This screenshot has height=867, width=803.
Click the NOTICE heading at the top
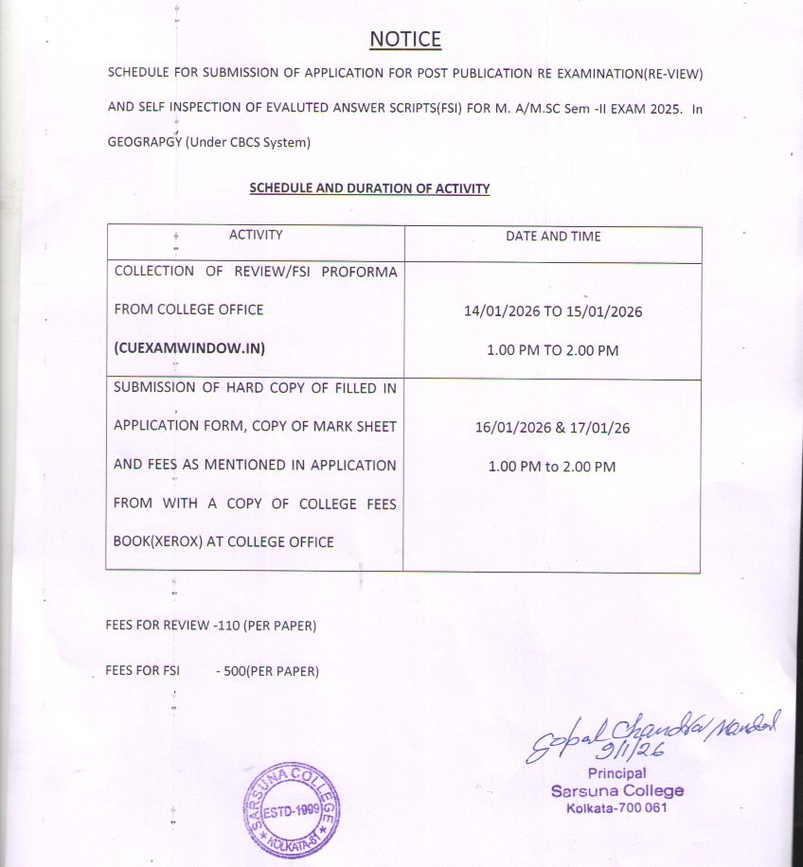405,39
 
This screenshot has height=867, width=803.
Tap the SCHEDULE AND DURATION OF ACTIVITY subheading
369,188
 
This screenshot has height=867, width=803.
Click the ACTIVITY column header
256,235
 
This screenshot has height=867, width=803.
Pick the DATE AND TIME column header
553,236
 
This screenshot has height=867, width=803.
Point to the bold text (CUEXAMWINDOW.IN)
189,347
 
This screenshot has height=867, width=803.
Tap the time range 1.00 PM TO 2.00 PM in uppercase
552,350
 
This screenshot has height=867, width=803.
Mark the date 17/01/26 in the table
601,428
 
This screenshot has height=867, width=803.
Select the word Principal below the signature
616,773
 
